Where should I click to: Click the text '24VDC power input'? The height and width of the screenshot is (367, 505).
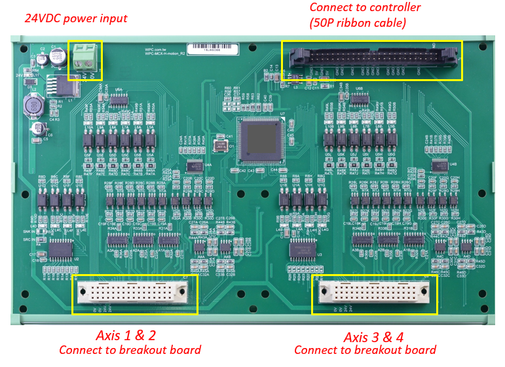point(76,18)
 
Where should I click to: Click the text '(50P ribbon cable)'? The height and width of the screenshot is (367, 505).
point(358,24)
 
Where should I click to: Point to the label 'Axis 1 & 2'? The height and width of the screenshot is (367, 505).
point(126,336)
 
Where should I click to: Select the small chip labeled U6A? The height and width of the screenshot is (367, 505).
point(119,99)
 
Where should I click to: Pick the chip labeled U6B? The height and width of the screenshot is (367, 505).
point(359,98)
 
